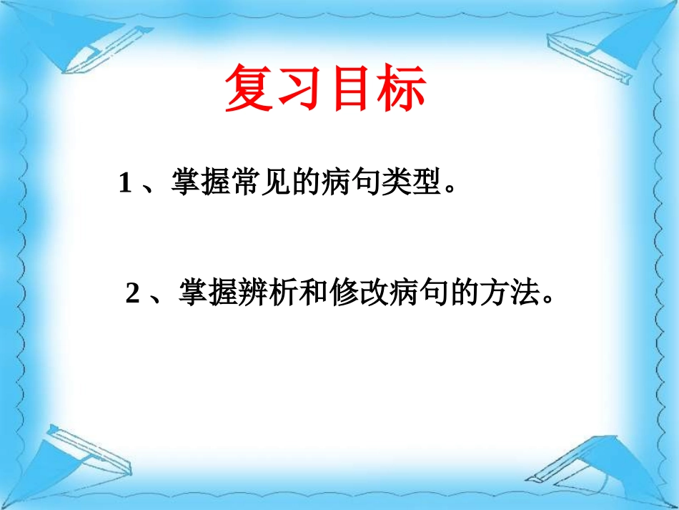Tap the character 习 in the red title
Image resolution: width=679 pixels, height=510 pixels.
pyautogui.click(x=299, y=89)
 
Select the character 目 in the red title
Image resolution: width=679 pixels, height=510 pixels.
pyautogui.click(x=350, y=89)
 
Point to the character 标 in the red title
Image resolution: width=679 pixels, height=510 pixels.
pyautogui.click(x=400, y=89)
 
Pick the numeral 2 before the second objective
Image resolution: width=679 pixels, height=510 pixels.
pyautogui.click(x=132, y=294)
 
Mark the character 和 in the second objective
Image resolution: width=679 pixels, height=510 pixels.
pyautogui.click(x=314, y=293)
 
